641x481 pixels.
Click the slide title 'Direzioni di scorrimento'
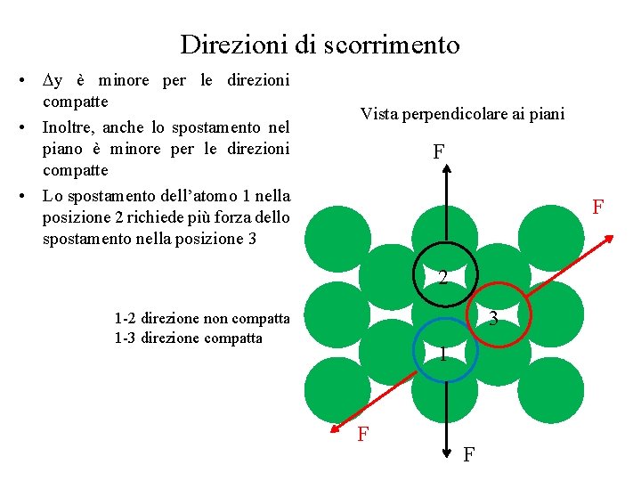[320, 45]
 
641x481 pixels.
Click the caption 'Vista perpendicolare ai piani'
[462, 114]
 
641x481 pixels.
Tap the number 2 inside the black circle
[442, 278]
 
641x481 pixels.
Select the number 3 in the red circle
[492, 319]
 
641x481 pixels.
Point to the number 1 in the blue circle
[442, 355]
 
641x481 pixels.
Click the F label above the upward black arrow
[439, 152]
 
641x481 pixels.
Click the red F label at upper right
[598, 207]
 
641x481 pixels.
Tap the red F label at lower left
[363, 435]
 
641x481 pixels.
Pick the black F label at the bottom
[468, 455]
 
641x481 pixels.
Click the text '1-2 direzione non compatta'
[202, 318]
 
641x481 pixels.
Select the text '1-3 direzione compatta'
[189, 338]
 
